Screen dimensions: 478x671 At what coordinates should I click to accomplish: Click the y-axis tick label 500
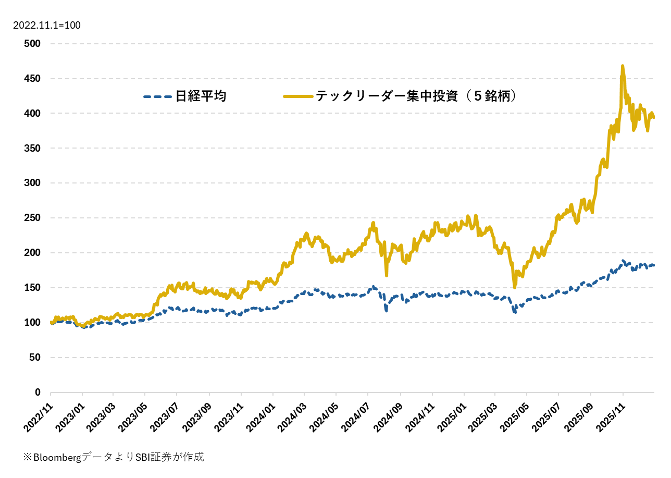(32, 44)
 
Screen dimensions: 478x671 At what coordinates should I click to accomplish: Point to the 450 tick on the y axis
(32, 79)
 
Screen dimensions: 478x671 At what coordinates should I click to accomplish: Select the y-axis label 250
(32, 218)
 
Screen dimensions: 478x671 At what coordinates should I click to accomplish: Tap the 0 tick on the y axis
(38, 393)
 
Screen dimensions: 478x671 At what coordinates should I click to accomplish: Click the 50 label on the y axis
(35, 358)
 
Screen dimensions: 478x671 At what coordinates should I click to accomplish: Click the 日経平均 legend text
(201, 96)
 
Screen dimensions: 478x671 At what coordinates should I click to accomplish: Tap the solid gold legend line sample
(298, 96)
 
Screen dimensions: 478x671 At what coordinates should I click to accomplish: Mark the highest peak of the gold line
(622, 66)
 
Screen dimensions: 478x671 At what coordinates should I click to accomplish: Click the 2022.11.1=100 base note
(47, 25)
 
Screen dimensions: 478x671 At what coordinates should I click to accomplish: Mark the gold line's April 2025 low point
(514, 287)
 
